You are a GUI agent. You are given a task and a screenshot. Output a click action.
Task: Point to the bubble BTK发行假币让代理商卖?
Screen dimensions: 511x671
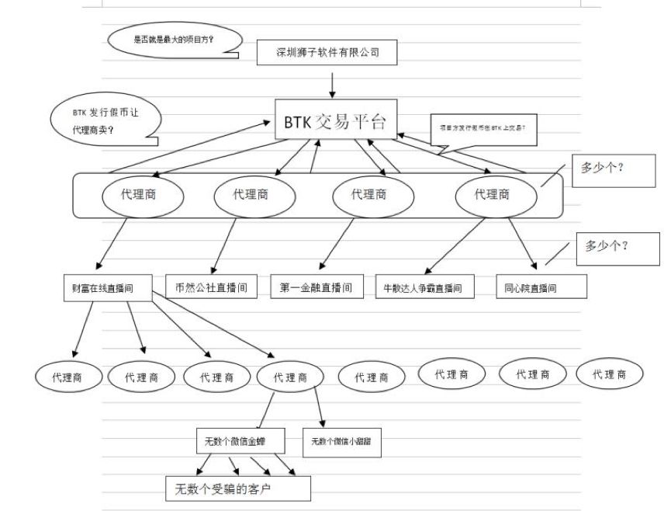click(105, 120)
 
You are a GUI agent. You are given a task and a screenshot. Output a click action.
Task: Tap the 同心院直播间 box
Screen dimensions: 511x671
click(541, 287)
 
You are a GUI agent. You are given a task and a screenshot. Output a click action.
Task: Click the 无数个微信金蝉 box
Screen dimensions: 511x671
click(240, 441)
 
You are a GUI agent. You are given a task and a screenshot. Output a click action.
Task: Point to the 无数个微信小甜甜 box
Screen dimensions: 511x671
click(342, 442)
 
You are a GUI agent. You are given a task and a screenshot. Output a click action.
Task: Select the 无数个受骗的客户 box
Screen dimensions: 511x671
click(237, 489)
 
